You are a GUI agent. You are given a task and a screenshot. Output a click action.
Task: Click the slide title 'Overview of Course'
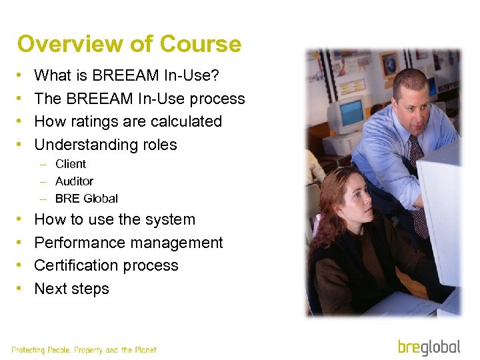129,45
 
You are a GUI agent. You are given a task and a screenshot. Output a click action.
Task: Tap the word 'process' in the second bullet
217,99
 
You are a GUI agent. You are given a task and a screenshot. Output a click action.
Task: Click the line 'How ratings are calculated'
127,121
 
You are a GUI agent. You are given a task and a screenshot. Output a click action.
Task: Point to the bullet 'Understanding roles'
105,145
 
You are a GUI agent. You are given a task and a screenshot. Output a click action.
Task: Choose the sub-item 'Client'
71,164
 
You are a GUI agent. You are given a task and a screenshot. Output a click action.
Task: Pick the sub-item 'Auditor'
74,181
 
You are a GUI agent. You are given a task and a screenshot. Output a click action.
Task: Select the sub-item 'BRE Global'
86,199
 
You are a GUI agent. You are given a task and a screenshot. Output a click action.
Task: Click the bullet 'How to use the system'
115,219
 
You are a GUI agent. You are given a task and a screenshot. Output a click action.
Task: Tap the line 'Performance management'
128,243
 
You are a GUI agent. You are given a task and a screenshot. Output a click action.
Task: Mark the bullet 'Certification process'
106,265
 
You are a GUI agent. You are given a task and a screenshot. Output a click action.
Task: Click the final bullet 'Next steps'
71,289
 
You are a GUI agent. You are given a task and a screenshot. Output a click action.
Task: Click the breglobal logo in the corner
429,347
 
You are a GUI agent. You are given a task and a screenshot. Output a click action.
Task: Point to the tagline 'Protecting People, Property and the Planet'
84,350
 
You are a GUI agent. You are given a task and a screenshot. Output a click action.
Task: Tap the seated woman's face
353,199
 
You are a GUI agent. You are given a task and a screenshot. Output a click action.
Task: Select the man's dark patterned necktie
419,187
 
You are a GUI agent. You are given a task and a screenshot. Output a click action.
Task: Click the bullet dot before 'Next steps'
20,289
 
